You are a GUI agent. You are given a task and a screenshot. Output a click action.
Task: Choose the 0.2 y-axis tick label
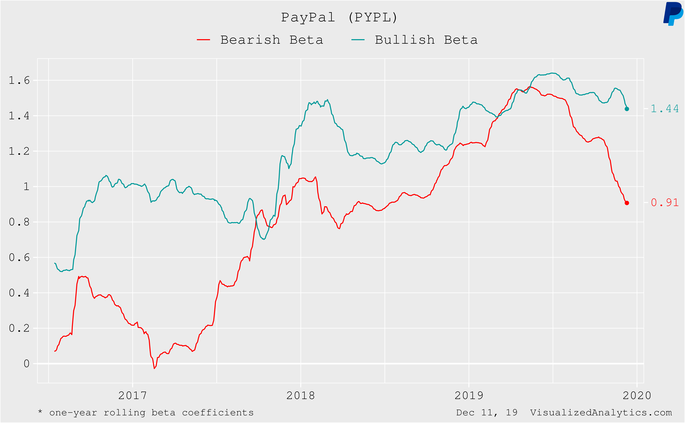(19, 328)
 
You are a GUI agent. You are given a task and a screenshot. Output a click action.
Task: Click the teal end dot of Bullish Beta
(627, 109)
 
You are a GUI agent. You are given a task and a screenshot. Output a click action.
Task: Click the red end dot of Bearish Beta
(627, 203)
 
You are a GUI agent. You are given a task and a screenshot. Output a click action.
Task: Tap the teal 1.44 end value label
(665, 109)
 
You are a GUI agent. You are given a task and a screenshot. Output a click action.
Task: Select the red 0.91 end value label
(665, 203)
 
